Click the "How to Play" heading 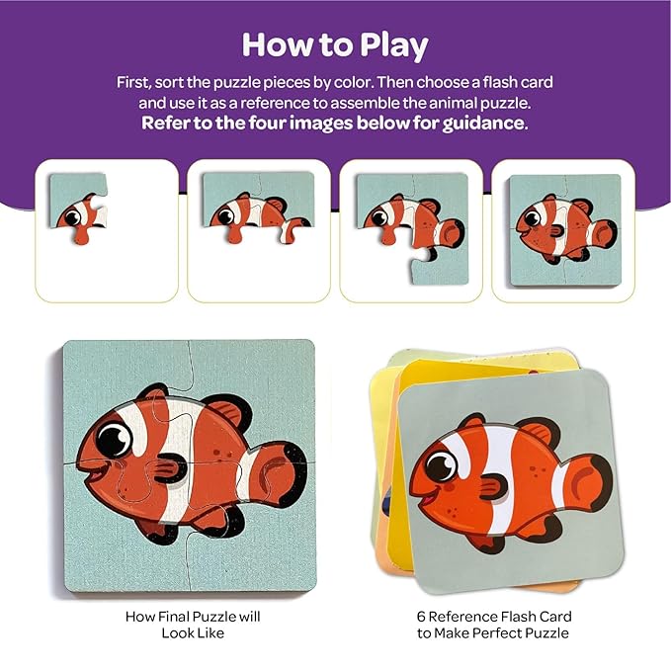click(334, 45)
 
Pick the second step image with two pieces click(259, 229)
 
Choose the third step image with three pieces click(411, 229)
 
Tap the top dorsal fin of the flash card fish click(529, 433)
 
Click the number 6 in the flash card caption click(420, 615)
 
